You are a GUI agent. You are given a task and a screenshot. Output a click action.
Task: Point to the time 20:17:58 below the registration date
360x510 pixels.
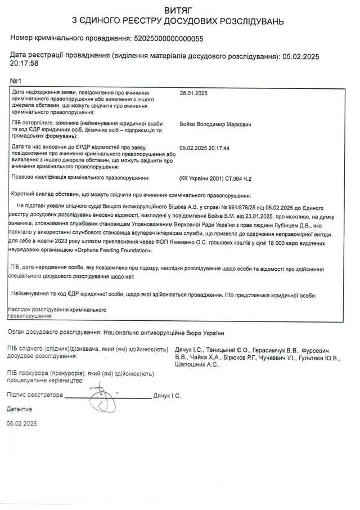point(24,64)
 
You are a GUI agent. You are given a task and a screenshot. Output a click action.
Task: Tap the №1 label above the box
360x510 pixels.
point(16,81)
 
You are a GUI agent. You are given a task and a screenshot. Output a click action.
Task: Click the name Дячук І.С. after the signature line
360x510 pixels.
point(167,396)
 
